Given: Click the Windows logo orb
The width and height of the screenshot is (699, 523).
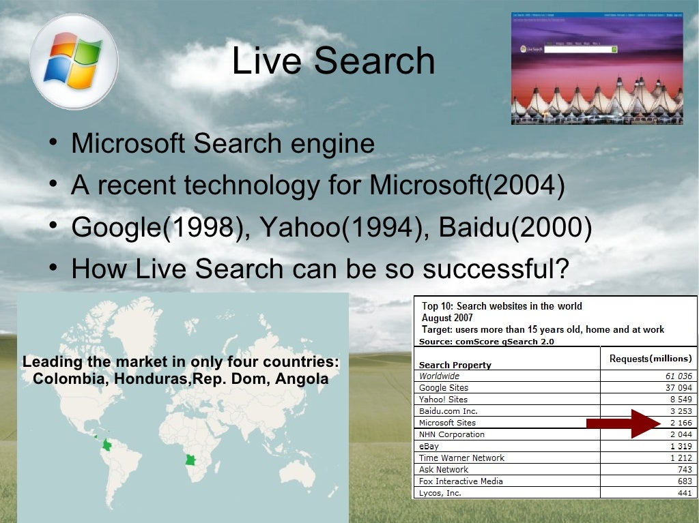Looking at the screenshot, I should point(74,61).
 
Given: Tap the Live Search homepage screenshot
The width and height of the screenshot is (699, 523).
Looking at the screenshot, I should point(597,68).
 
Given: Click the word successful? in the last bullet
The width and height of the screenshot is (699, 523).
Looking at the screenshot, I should point(496,268).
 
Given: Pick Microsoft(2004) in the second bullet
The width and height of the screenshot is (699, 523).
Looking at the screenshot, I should point(467,185).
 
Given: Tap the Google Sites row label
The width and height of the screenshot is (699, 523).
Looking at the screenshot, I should point(444,388).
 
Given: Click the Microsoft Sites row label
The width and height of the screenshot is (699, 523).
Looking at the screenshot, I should point(448,423).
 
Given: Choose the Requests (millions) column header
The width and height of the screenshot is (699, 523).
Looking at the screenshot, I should point(650,359).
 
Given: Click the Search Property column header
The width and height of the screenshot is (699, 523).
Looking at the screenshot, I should point(455,365).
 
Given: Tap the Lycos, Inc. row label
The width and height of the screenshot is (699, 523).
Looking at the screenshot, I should point(440,492).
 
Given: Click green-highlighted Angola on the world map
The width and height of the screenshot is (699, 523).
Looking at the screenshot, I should point(190,460).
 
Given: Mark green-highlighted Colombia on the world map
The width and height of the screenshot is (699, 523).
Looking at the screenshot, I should point(106,445).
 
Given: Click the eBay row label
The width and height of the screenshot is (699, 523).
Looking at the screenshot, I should point(429,446).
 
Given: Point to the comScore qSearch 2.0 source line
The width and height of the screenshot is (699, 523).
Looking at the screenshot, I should point(487,342).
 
